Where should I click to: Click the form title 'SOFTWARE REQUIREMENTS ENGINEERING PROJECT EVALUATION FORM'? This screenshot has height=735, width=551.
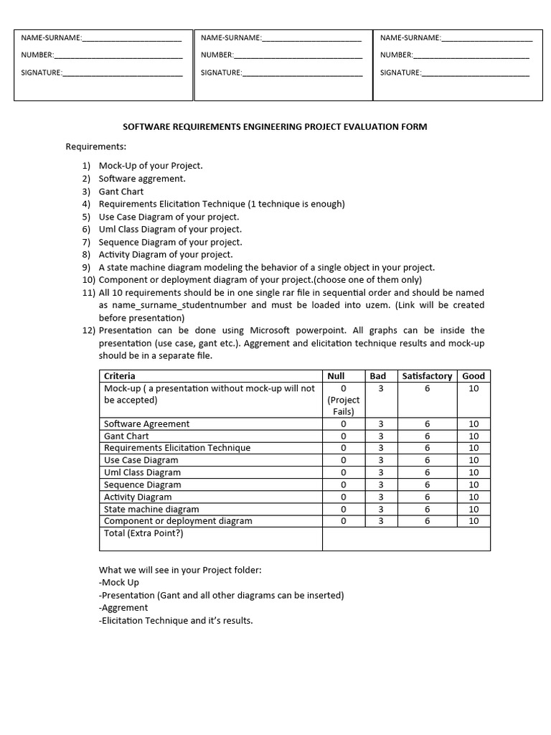tap(275, 127)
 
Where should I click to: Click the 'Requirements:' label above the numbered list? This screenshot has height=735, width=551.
tap(96, 146)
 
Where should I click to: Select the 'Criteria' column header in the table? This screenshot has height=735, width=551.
tap(120, 375)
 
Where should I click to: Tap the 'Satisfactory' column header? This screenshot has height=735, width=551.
tap(427, 375)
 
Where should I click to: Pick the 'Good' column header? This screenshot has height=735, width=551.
tap(474, 375)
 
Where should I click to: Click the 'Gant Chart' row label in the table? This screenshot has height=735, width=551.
tap(126, 436)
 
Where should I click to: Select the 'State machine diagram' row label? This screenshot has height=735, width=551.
tap(151, 509)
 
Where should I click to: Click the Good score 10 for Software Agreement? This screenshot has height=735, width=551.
tap(474, 423)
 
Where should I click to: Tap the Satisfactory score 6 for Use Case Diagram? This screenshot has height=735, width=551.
tap(427, 460)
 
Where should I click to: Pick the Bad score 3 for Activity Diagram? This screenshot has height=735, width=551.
tap(380, 497)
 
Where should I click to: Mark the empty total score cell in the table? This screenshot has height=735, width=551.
tap(406, 538)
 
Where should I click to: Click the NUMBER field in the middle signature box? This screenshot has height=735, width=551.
tap(298, 55)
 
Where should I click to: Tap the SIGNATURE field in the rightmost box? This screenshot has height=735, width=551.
tap(475, 72)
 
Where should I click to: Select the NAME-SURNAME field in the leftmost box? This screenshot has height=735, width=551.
tap(132, 37)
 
